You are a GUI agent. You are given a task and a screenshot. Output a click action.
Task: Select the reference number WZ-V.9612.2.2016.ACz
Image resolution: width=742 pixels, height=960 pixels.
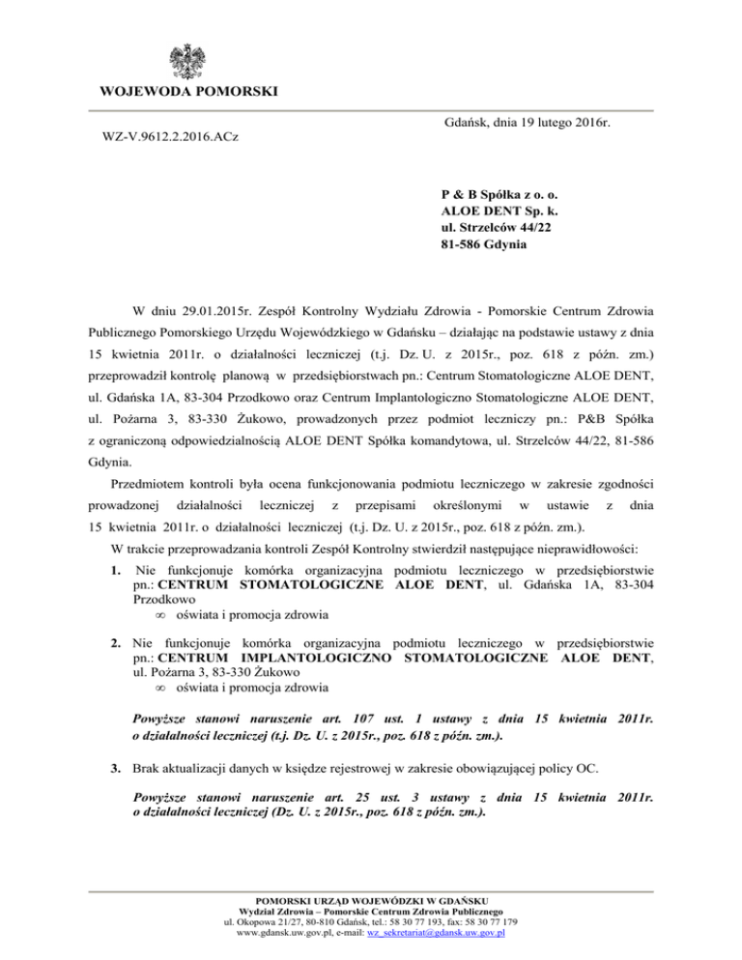click(x=171, y=138)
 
